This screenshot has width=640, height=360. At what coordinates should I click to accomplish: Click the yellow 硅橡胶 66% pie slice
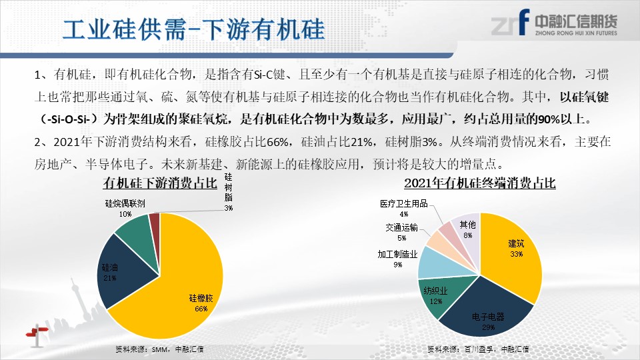[179, 294]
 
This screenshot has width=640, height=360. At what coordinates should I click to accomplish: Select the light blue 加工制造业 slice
[441, 263]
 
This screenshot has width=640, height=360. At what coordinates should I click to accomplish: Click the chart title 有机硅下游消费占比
[160, 183]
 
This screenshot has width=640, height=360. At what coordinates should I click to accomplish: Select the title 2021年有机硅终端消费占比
[480, 183]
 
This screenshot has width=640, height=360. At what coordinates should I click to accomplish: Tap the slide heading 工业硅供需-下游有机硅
[194, 29]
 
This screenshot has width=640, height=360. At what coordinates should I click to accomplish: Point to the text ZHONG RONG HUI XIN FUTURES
[576, 33]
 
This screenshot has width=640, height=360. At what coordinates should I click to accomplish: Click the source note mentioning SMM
[159, 349]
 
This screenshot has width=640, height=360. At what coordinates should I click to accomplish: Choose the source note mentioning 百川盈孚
[478, 349]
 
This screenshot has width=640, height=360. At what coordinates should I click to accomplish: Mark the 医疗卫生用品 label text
[404, 203]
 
